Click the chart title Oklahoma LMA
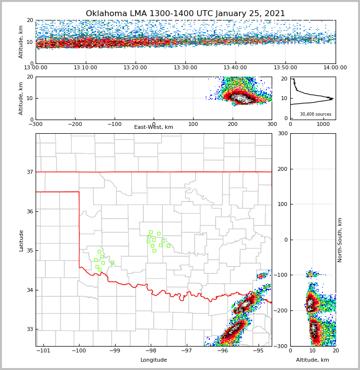[185, 14]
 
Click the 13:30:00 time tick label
[185, 68]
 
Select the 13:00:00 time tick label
[36, 68]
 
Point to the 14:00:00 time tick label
[335, 68]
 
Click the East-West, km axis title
[154, 127]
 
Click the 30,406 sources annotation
[316, 114]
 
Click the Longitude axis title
[154, 360]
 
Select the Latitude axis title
[21, 240]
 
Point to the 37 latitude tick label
[29, 172]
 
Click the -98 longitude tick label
[151, 351]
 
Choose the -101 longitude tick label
[44, 351]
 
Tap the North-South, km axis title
[340, 240]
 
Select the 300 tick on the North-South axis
[281, 133]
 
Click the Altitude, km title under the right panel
[313, 360]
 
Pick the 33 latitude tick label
[29, 329]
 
